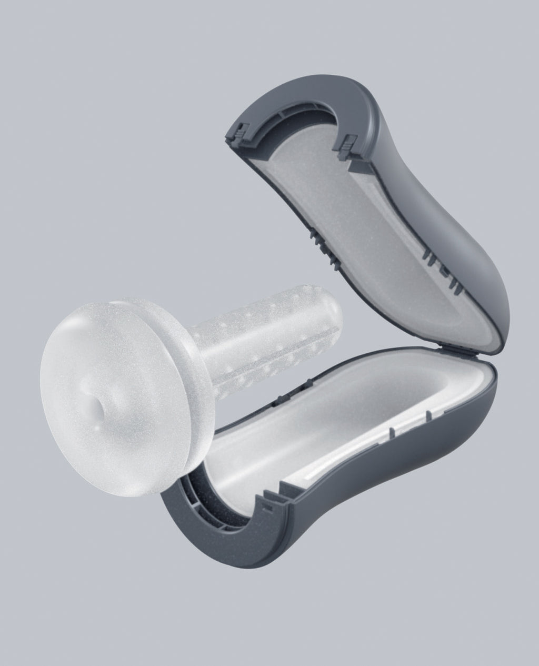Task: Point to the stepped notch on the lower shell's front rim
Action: (274, 495)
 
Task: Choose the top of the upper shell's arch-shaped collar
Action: (295, 90)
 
